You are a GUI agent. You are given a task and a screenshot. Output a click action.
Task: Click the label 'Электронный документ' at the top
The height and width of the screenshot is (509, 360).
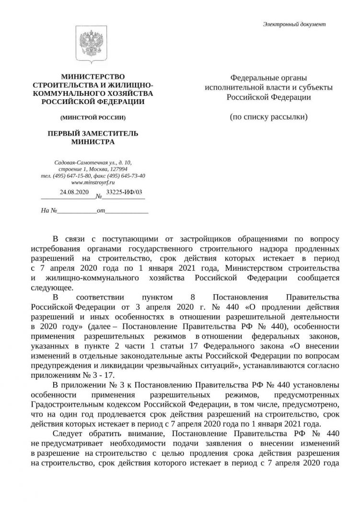point(294,23)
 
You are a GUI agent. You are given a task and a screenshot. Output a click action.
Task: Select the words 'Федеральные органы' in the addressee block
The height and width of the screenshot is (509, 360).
point(268,77)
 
